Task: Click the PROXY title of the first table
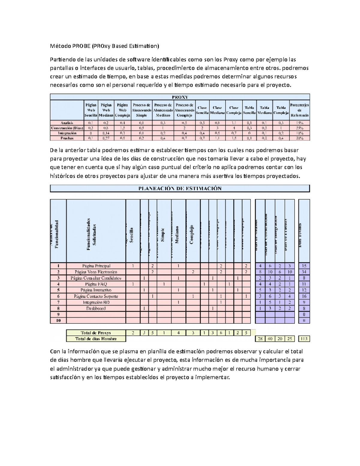[180, 97]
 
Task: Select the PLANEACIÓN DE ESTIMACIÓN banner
[180, 188]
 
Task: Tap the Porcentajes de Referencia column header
[299, 110]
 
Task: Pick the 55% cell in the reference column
[299, 128]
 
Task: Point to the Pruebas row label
[67, 138]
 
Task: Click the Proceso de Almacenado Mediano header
[163, 110]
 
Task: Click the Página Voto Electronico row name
[96, 272]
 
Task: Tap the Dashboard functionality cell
[96, 308]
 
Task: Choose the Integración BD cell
[96, 302]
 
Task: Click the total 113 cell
[304, 339]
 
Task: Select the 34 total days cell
[304, 272]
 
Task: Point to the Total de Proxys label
[96, 333]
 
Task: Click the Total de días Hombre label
[96, 339]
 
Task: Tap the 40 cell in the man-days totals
[270, 339]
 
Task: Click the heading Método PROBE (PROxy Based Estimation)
[104, 46]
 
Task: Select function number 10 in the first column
[58, 320]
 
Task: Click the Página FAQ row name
[96, 284]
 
